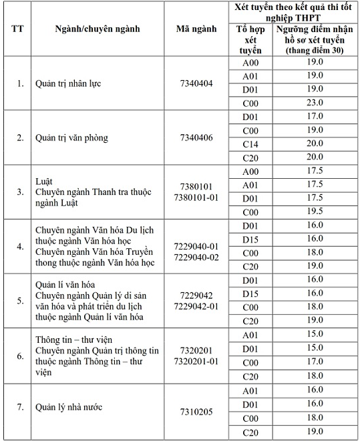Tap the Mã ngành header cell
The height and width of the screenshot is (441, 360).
click(196, 29)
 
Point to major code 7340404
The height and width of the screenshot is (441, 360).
click(196, 84)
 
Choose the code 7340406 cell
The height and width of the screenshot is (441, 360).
click(196, 138)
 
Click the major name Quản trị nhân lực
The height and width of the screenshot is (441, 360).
click(68, 84)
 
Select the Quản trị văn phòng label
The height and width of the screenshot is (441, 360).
click(71, 138)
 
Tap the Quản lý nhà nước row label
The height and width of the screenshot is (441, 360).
click(69, 406)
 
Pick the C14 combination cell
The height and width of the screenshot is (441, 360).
click(250, 143)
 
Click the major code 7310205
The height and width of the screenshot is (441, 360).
click(196, 412)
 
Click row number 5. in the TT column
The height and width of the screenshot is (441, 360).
click(20, 300)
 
